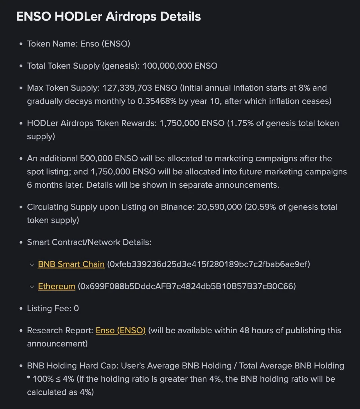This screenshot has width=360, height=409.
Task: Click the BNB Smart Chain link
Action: pos(71,264)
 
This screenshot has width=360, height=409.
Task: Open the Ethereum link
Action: pos(57,286)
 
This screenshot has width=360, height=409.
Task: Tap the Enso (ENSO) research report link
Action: pos(120,330)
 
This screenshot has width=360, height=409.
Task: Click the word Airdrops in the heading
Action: pos(131,17)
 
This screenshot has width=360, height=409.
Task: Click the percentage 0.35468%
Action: pos(157,101)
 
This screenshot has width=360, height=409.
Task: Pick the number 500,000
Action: pos(96,158)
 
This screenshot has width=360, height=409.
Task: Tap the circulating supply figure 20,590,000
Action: pos(219,207)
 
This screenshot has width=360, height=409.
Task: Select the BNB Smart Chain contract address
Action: pos(208,264)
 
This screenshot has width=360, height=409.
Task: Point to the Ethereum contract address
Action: pos(187,286)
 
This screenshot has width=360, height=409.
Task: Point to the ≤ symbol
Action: pos(58,379)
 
